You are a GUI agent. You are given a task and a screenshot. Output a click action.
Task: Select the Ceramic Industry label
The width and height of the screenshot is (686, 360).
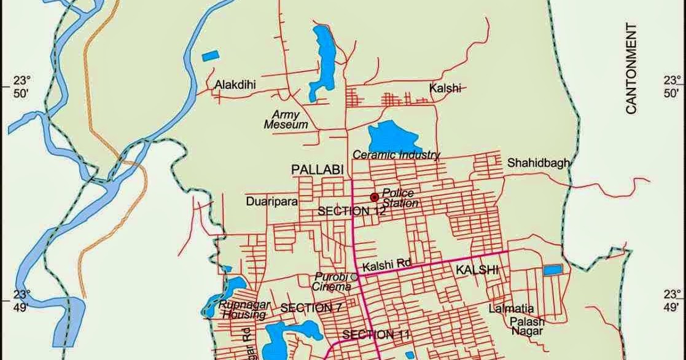[x=396, y=155]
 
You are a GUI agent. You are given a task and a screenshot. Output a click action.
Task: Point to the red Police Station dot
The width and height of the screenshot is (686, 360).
[x=373, y=197]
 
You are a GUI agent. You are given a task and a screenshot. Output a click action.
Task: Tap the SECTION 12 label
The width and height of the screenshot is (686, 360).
[x=351, y=211]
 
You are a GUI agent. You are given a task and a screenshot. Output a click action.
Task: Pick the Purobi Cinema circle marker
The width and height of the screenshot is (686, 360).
[x=354, y=277]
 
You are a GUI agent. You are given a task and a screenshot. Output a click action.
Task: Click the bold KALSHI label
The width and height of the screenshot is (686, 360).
[x=476, y=270]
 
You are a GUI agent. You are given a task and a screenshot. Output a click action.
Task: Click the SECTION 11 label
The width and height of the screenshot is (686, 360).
[x=375, y=335]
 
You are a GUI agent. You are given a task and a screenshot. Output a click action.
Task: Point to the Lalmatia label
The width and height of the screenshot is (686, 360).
[x=511, y=308]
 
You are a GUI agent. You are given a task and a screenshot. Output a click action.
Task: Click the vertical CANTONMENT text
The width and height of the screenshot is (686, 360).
[x=631, y=68]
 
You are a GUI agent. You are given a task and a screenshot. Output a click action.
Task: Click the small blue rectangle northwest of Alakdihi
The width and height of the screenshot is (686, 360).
[x=210, y=56]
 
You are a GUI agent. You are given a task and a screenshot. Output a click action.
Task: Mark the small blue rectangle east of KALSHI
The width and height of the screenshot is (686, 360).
[x=552, y=270]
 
